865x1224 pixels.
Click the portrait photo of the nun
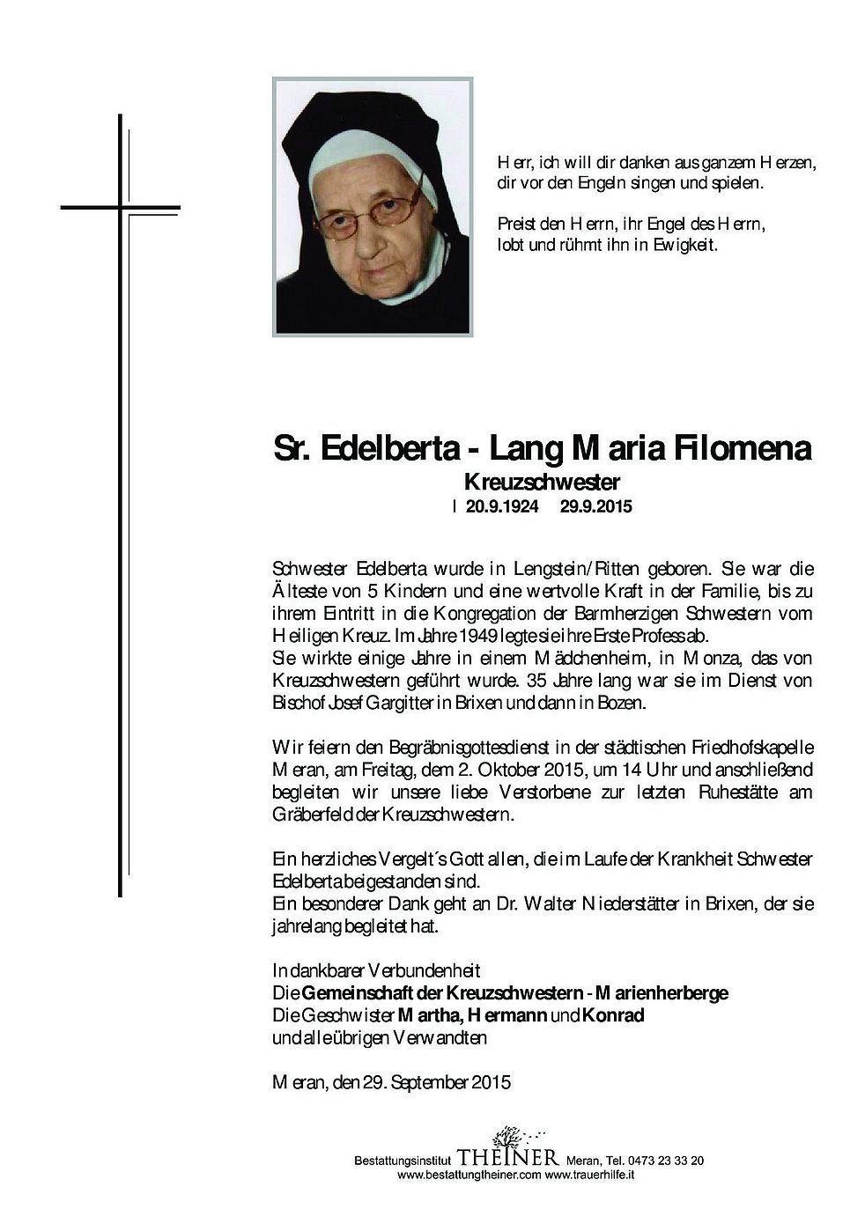click(x=373, y=207)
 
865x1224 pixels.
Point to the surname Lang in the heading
click(x=526, y=449)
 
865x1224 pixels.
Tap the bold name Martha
click(x=431, y=1015)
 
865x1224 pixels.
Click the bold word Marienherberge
click(x=662, y=993)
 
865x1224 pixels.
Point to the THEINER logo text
click(x=507, y=1156)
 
